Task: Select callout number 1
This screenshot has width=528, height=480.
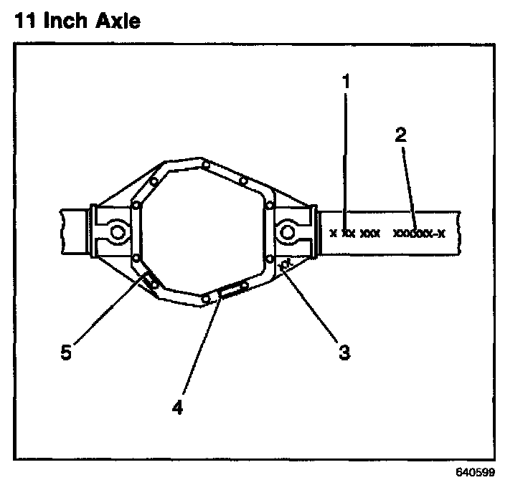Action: [346, 81]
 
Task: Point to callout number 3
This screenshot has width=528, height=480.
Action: [344, 353]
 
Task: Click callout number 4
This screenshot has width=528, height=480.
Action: [177, 407]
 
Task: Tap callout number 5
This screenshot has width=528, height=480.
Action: [66, 354]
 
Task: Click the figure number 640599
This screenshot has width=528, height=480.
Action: [475, 473]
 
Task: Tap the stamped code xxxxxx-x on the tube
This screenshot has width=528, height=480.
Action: [420, 233]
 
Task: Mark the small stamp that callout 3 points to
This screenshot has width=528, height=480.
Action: [286, 266]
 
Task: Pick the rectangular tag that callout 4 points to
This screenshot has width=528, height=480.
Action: [231, 290]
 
